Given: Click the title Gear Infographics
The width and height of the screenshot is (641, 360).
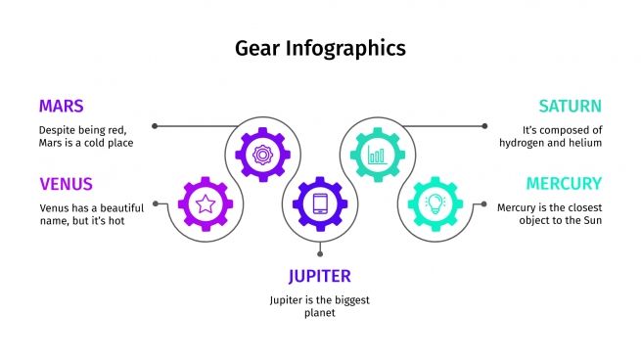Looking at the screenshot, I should pos(320,47).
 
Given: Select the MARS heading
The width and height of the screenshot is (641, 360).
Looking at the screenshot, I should pos(61,106).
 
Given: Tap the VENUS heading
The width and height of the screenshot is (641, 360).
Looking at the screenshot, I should pos(67,183).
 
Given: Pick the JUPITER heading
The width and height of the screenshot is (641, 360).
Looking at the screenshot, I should pos(319,275).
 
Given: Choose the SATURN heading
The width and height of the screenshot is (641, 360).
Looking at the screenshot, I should pos(570,106).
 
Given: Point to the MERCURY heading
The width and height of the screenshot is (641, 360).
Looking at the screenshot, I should pos(564,183).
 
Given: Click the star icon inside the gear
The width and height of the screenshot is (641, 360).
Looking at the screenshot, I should pos(206,203).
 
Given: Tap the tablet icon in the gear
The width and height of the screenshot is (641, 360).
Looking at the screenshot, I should pos(320,203).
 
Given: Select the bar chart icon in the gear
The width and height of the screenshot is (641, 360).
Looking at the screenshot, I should pos(377,154).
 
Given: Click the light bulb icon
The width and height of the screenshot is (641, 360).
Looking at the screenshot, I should pos(435,203).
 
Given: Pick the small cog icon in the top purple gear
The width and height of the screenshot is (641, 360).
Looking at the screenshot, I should pos(262,154).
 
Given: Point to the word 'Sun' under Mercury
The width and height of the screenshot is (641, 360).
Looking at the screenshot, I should pos(591,220).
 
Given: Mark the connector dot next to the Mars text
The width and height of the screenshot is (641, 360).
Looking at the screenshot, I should pos(155,126).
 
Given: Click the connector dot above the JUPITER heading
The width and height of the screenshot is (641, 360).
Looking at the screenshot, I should pos(320,253).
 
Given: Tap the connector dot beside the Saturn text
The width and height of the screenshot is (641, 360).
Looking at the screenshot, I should pos(484,126).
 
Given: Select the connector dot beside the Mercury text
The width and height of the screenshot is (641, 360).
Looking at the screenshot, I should pos(484,203).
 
